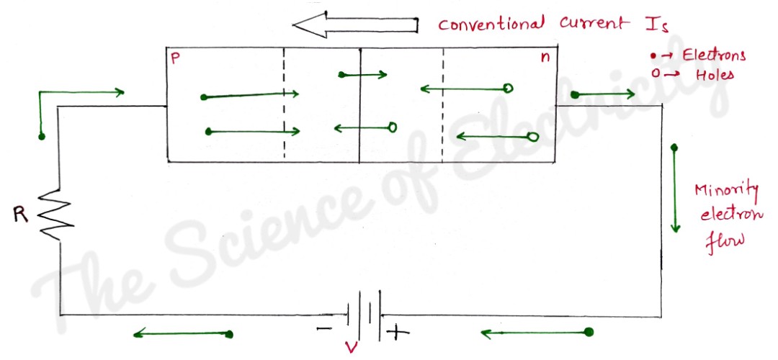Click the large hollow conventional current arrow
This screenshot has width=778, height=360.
tap(357, 26)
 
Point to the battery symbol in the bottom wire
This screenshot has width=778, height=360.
tap(364, 315)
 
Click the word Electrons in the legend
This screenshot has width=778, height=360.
tap(714, 55)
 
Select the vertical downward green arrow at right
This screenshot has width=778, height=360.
tap(675, 189)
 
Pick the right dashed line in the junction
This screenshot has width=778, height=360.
tap(443, 104)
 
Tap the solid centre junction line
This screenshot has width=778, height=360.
tap(359, 104)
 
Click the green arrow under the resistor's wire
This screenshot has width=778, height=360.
tap(183, 333)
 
